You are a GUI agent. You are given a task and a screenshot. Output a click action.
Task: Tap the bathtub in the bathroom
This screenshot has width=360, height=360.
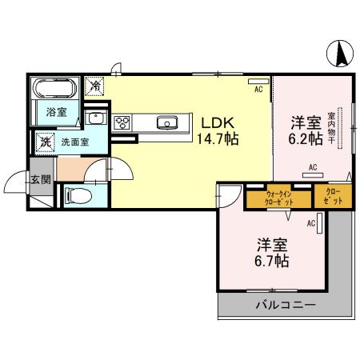[55, 87]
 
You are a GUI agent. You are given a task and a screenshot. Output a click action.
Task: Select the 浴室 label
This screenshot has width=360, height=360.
[55, 113]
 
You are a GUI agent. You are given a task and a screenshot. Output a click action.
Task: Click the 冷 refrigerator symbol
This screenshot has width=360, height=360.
[96, 86]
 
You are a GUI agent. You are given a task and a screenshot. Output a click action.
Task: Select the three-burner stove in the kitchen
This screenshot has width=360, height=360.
[124, 123]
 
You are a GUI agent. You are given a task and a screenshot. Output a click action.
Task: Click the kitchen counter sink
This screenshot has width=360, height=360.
[169, 122]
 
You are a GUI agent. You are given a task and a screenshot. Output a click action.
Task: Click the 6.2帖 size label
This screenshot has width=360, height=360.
[306, 138]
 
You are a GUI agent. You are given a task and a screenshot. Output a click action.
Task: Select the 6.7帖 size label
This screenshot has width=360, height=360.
[272, 261]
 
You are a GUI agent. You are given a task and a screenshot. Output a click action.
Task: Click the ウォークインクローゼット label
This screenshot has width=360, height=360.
[278, 197]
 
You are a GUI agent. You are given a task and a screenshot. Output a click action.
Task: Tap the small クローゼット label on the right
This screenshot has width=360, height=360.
[334, 197]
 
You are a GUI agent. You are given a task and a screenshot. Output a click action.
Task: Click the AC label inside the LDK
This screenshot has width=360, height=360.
[258, 90]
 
